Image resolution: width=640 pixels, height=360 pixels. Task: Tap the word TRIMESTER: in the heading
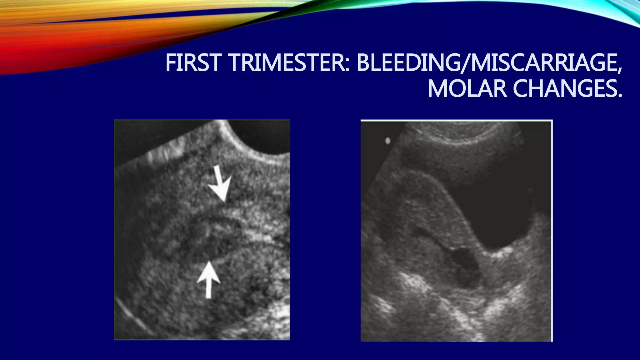[289, 62]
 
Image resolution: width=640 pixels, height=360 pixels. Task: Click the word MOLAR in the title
[467, 89]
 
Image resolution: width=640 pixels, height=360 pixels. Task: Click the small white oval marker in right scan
[388, 141]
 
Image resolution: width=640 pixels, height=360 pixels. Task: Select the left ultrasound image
[202, 230]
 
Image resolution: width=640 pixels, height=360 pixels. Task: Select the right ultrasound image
[456, 231]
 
